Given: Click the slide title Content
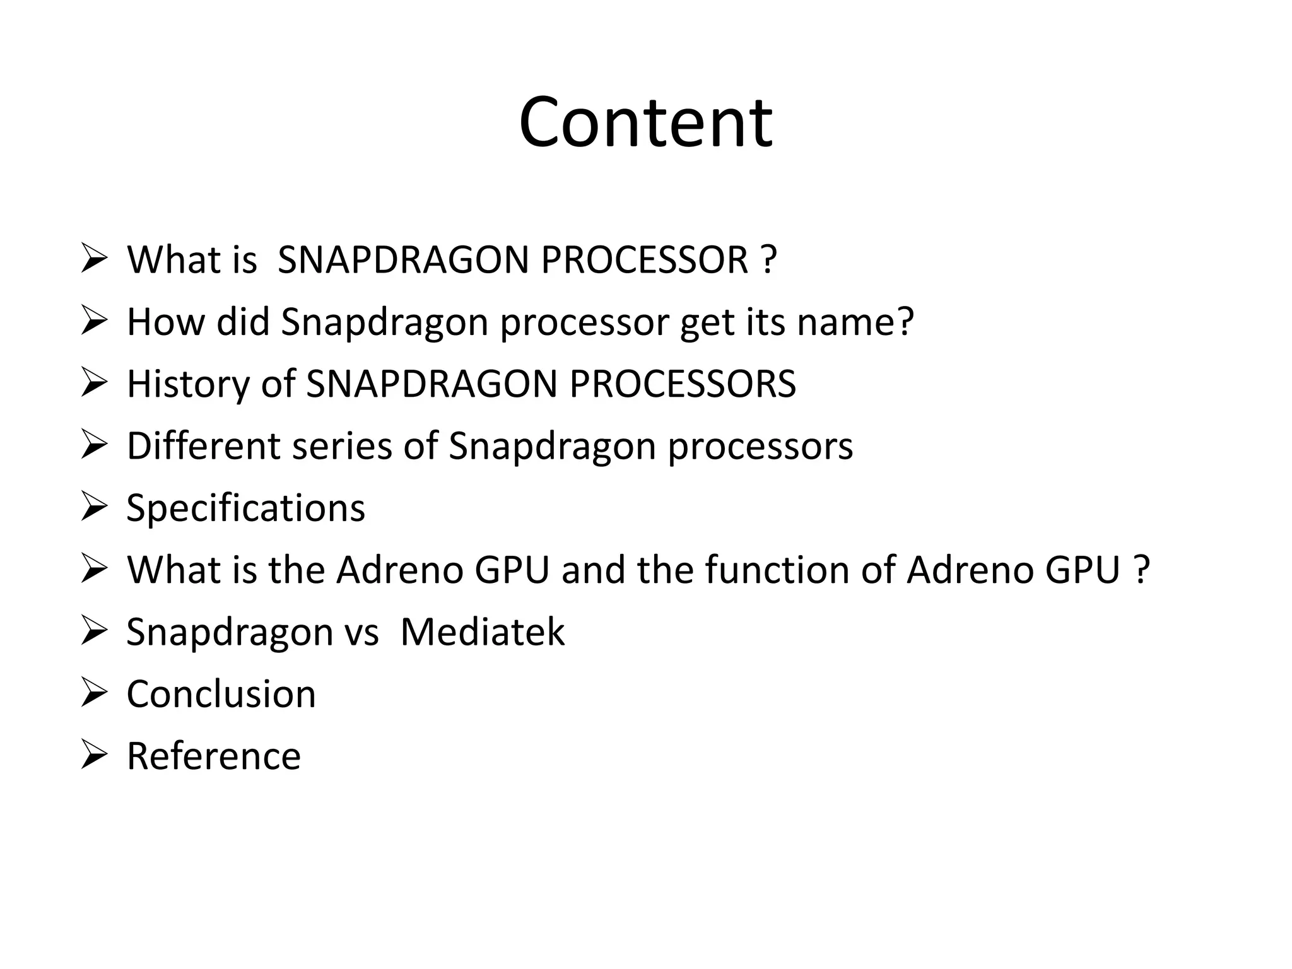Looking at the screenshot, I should [645, 122].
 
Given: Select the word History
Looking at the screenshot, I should [188, 384].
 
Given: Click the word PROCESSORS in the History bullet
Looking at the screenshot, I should [682, 384].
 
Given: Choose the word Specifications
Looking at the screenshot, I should [245, 508].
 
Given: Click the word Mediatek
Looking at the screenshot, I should [482, 631].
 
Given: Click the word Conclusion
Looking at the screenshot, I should [221, 694].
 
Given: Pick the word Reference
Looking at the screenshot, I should [214, 756].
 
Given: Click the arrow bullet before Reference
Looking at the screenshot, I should [94, 756].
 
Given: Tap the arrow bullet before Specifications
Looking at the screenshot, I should [94, 508].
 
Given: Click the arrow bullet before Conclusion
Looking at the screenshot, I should [94, 694].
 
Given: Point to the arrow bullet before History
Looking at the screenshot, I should [94, 384].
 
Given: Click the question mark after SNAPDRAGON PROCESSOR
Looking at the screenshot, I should [768, 259].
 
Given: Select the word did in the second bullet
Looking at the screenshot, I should [243, 322].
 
